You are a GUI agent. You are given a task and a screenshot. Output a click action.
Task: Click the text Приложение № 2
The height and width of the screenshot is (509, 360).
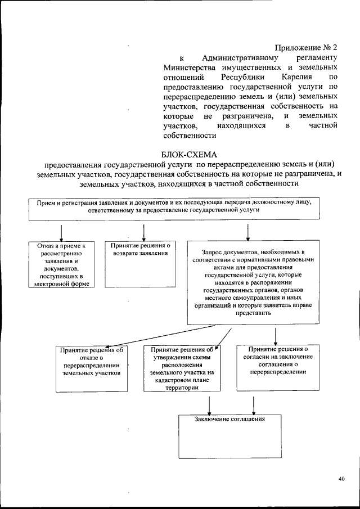[x=307, y=47]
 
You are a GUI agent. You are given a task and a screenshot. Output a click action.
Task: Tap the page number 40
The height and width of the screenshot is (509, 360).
[x=341, y=479]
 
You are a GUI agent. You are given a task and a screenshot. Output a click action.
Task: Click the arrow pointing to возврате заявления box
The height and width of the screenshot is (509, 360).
[x=144, y=232]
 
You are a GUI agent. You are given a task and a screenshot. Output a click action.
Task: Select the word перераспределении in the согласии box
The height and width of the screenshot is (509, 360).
[x=278, y=372]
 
